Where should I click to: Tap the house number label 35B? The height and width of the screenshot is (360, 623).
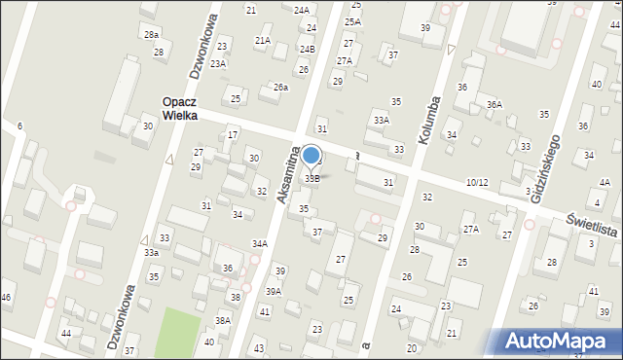point(312,178)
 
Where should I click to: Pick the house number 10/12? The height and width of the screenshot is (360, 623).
point(477,182)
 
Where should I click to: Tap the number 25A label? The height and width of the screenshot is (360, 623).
point(352,21)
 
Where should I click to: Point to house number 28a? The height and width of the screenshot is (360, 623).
point(151,34)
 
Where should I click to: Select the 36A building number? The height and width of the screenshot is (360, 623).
point(495,104)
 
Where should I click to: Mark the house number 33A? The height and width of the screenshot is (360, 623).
point(382,120)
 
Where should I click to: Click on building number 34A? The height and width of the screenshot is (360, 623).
point(260,243)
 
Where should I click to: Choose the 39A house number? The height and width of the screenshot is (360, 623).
point(275,291)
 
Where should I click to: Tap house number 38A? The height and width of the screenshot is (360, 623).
point(223,320)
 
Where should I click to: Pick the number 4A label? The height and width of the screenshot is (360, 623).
point(605,182)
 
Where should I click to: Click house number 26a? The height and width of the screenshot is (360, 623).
point(280,88)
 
